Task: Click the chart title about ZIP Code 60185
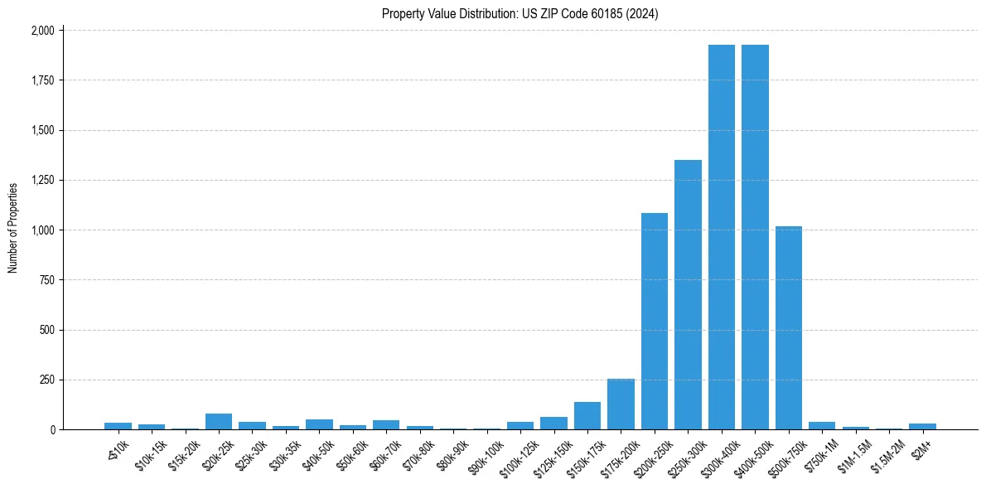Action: pos(520,14)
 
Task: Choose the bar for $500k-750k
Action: pos(789,327)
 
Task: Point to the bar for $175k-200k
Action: pos(621,404)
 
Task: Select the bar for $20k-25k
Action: pos(219,422)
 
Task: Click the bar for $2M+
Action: pos(922,427)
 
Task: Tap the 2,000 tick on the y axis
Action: pos(42,31)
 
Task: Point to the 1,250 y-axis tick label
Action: pos(42,180)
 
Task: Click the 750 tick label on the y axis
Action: pos(46,280)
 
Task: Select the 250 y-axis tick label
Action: pos(46,380)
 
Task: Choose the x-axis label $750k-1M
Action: pos(820,453)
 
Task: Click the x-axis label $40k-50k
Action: pos(318,453)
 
